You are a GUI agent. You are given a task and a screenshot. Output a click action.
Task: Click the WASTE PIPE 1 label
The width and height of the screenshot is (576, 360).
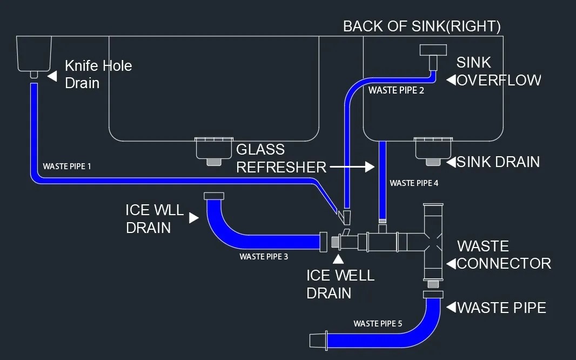click(67, 166)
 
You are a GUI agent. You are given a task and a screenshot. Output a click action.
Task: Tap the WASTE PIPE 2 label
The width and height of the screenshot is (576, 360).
click(396, 91)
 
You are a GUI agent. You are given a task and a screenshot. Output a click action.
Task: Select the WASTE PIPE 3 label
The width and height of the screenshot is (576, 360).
click(264, 257)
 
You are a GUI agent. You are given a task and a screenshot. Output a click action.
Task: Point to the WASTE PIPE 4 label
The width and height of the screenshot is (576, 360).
click(414, 183)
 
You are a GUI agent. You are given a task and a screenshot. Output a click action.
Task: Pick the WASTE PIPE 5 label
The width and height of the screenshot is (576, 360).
click(378, 324)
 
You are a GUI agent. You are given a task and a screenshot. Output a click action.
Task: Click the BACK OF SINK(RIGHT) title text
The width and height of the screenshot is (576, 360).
click(421, 26)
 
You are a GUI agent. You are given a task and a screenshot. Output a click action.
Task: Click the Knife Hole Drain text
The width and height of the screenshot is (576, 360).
click(98, 74)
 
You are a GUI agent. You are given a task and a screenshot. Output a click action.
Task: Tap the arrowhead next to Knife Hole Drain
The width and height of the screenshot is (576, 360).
click(52, 76)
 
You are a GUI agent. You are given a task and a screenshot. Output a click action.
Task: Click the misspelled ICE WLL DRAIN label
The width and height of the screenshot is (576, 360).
click(155, 218)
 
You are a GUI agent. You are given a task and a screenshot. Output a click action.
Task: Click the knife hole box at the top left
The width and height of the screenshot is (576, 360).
click(34, 53)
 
